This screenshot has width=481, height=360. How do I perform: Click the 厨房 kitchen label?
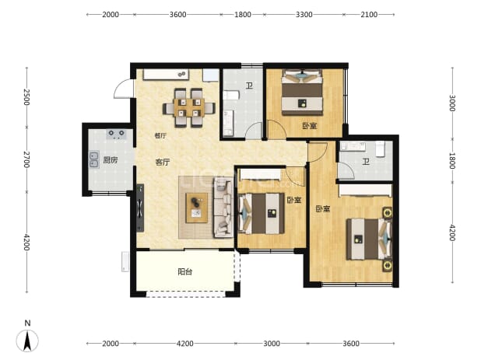pos(111,160)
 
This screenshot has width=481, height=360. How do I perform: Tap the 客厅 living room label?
pos(163,163)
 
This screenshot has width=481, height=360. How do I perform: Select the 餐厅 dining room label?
pos(160,136)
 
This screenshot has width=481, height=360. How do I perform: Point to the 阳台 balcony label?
pos(185,271)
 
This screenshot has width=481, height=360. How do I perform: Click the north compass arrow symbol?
pos(27,341)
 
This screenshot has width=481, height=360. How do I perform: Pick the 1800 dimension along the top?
pos(243,15)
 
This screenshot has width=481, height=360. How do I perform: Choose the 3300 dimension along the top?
pos(304,15)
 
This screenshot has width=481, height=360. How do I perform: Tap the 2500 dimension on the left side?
pos(27,97)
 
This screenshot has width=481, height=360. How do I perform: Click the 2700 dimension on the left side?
pos(27,159)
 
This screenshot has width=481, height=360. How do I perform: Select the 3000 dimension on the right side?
pos(452,103)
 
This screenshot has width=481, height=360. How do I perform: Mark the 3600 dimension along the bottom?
pos(351,344)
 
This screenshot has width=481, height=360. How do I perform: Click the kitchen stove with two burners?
pos(117,135)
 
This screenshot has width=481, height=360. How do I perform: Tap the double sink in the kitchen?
pos(94,159)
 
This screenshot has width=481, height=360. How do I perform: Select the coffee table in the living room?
pos(197,208)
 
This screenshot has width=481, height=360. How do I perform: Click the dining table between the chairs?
pos(188,107)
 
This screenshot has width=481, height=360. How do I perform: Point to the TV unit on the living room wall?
pos(140,208)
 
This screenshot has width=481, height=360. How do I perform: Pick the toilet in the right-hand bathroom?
pos(380,149)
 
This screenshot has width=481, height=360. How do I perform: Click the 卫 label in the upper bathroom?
pos(249,86)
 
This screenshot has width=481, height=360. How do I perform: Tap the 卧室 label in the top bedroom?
pos(310,126)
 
